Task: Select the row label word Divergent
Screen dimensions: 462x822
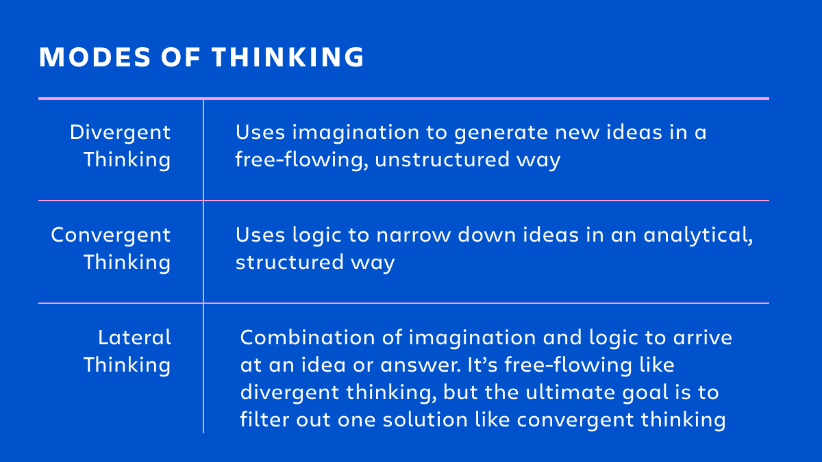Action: click(120, 132)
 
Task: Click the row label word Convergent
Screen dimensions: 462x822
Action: click(111, 235)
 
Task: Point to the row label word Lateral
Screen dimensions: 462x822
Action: click(134, 337)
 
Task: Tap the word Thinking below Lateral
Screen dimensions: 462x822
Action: click(127, 365)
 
